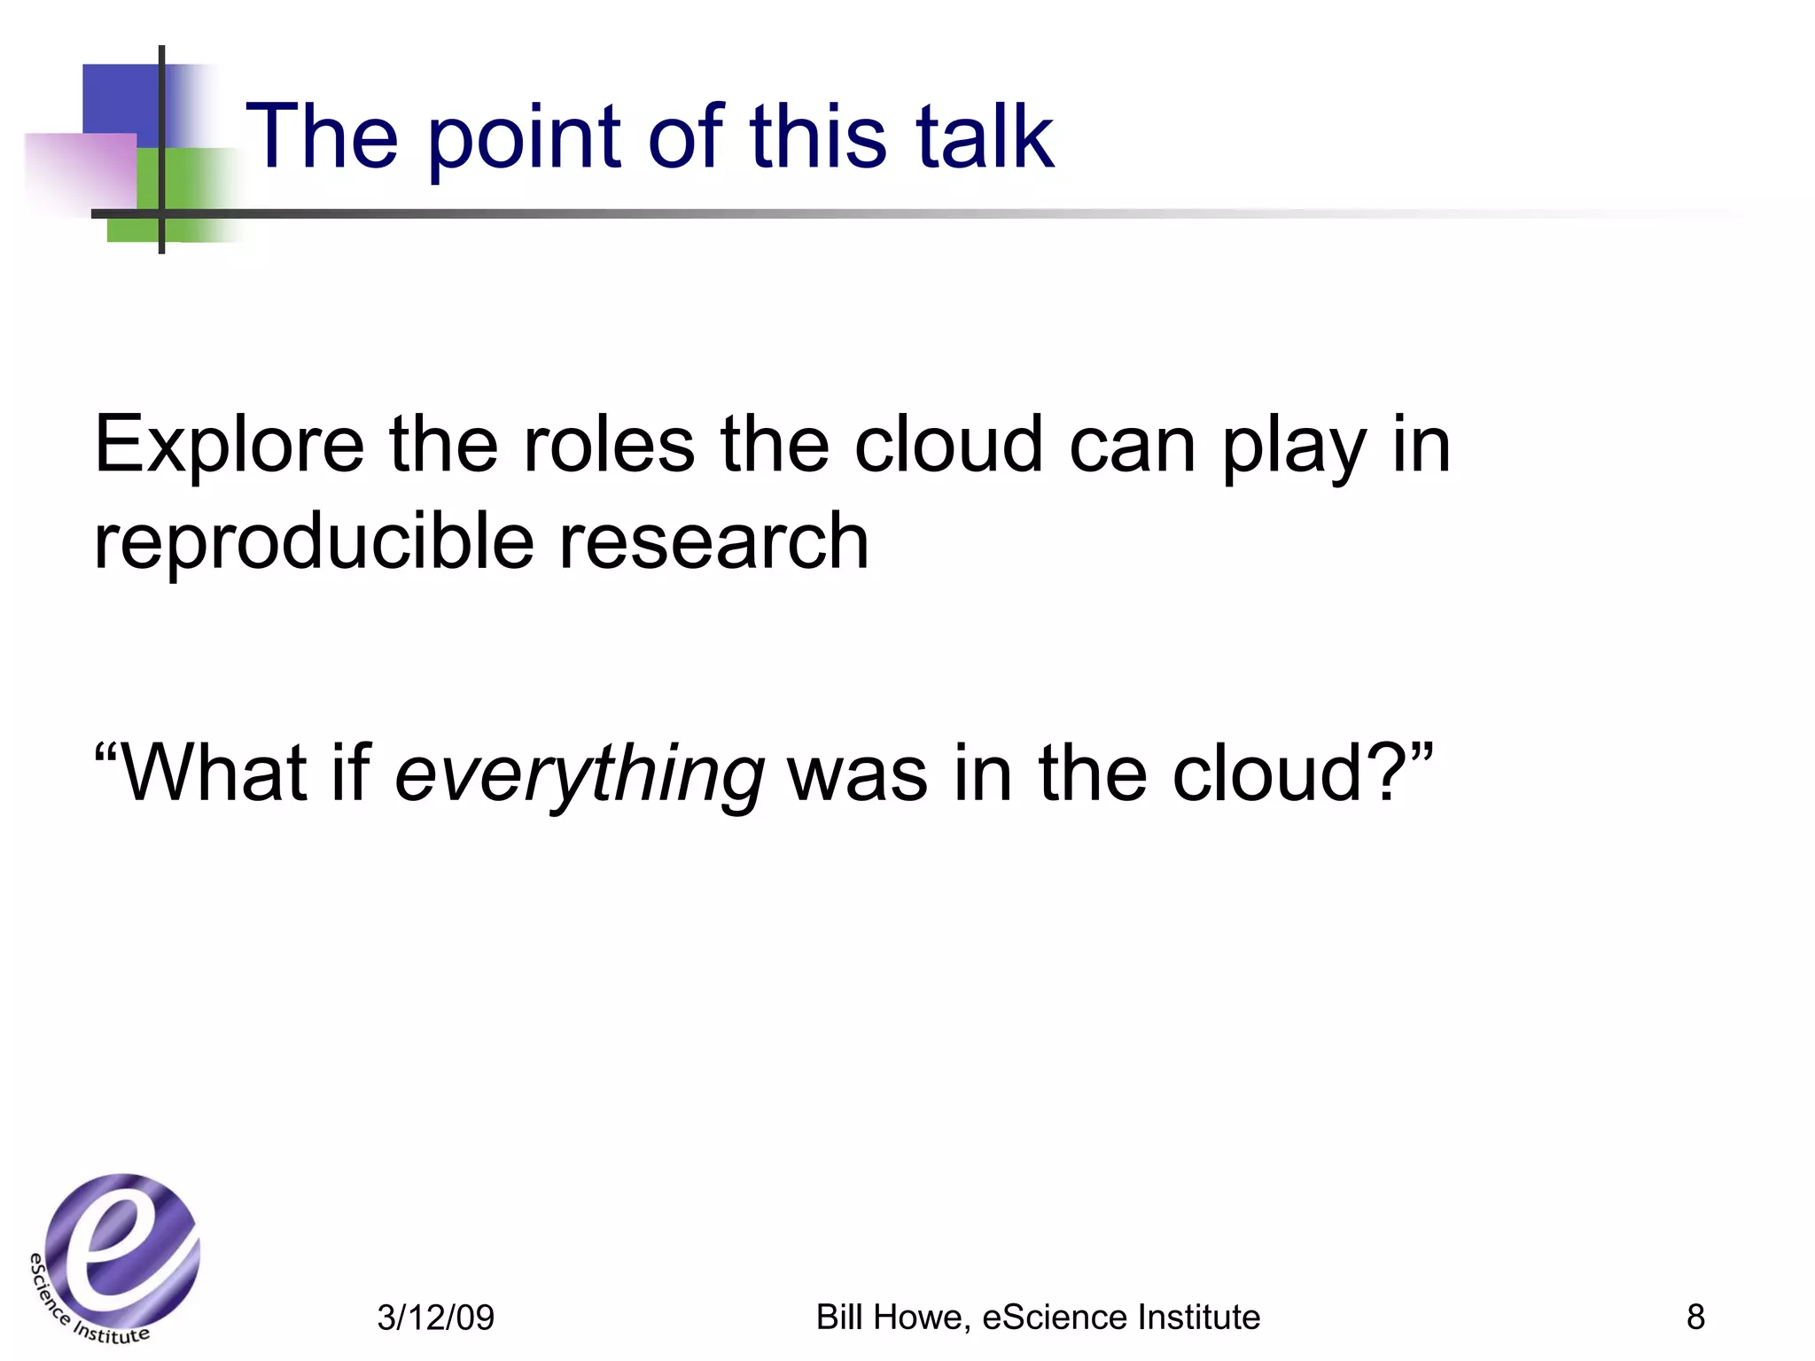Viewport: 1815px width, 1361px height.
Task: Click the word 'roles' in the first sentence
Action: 609,445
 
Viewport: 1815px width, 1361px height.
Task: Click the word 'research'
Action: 713,542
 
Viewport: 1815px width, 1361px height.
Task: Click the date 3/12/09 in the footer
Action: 435,1318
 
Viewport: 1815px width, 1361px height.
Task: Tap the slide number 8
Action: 1695,1317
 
